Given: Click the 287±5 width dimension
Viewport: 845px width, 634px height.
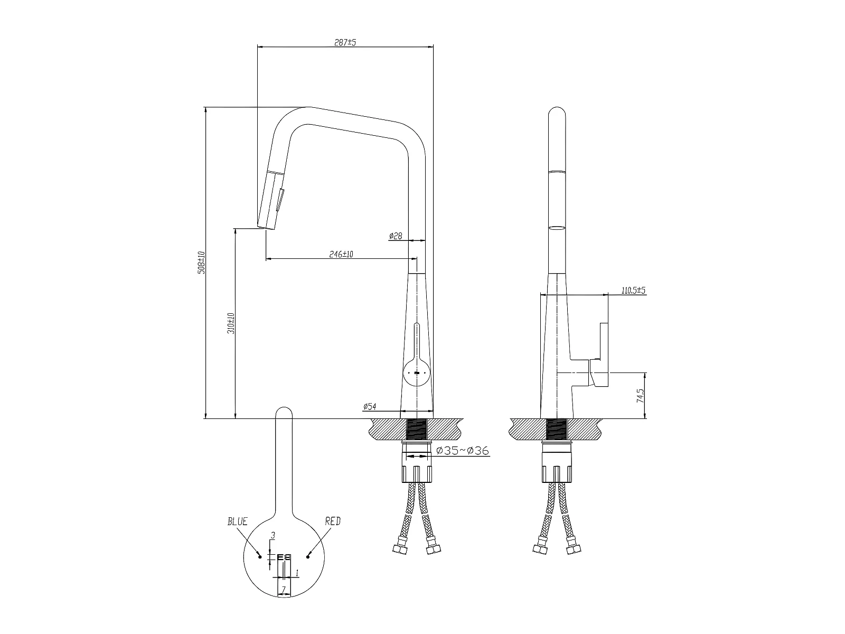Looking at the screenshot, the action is click(345, 42).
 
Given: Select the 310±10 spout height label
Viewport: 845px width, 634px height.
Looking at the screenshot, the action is click(231, 323).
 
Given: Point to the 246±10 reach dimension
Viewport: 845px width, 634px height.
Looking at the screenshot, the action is click(341, 254).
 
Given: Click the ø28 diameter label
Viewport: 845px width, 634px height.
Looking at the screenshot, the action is click(396, 236).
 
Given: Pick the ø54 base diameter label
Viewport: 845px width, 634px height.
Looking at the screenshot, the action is click(370, 406).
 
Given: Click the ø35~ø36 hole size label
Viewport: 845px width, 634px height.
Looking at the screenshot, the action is click(463, 450).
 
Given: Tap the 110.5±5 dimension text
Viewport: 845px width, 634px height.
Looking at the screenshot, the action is click(633, 290).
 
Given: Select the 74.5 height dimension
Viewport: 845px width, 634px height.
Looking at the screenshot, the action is click(640, 395).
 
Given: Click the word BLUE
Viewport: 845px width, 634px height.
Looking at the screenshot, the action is click(238, 521).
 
